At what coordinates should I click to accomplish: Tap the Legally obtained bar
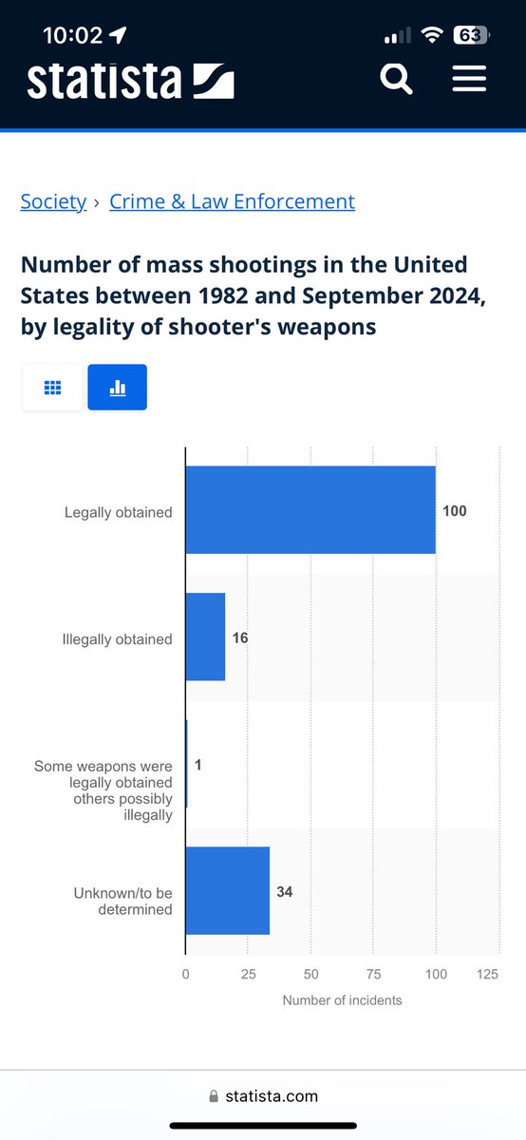[x=310, y=510]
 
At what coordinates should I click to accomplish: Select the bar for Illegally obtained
[x=205, y=636]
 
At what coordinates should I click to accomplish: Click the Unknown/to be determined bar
[x=228, y=891]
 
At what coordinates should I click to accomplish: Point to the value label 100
[x=454, y=511]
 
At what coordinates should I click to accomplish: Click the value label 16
[x=240, y=637]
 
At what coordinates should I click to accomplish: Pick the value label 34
[x=285, y=892]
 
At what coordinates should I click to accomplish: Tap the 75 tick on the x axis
[x=373, y=974]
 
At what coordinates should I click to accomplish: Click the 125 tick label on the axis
[x=487, y=974]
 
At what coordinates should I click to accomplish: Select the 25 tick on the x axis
[x=248, y=974]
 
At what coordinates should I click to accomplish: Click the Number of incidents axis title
[x=342, y=1000]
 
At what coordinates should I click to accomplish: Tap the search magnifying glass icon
[x=396, y=79]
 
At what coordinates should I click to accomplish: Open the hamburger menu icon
[x=469, y=78]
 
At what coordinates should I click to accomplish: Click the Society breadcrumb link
[x=53, y=202]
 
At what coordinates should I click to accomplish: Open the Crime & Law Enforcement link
[x=232, y=202]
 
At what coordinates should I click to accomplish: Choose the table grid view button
[x=52, y=388]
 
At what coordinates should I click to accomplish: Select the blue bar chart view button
[x=118, y=388]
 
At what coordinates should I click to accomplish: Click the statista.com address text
[x=272, y=1095]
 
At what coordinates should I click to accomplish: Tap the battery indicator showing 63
[x=472, y=35]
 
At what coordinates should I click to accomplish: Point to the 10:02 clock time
[x=73, y=36]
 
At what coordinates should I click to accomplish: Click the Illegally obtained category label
[x=118, y=639]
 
